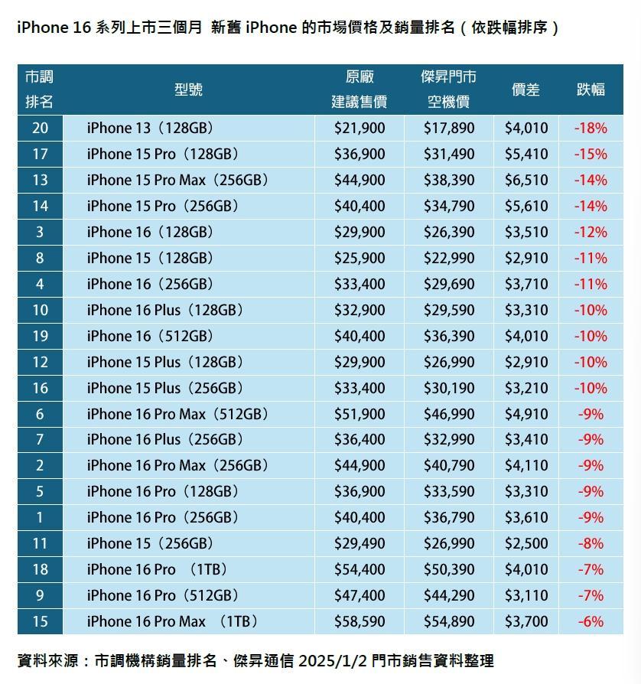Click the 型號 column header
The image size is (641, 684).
[x=188, y=90]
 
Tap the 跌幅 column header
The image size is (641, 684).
[x=591, y=90]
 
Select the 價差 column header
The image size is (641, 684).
[x=525, y=90]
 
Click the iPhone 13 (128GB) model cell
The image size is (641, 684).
[x=150, y=128]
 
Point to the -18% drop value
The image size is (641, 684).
[x=591, y=128]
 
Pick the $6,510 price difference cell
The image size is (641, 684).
[x=526, y=180]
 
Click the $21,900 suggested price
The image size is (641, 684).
[x=360, y=128]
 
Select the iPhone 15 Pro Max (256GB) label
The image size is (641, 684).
[x=178, y=180]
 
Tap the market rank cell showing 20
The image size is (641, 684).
[x=40, y=128]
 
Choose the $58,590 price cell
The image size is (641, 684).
[x=360, y=621]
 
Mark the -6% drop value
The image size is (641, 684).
[x=591, y=621]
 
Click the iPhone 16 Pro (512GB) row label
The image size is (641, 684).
[x=163, y=595]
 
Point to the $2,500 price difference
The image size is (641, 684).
[x=526, y=543]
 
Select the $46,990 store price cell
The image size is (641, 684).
[x=449, y=414]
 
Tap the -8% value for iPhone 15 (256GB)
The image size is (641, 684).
[x=591, y=543]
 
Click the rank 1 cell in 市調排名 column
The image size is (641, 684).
[x=40, y=517]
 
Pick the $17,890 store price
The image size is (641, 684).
[x=449, y=128]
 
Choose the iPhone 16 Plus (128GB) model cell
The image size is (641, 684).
[x=164, y=310]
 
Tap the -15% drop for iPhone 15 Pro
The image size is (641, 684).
[x=591, y=154]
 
